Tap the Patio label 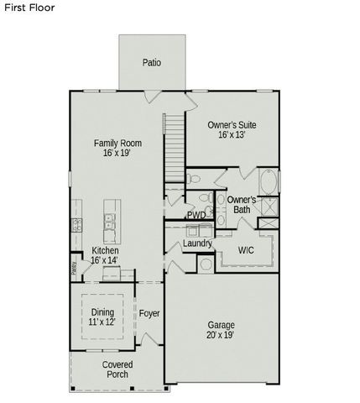151,62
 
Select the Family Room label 117,144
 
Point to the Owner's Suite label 232,125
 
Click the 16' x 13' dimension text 232,136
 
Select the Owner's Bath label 242,204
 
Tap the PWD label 196,215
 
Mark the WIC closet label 246,250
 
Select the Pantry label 74,268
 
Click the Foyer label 149,313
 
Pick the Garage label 221,324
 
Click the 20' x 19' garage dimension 221,335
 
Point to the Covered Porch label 117,369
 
